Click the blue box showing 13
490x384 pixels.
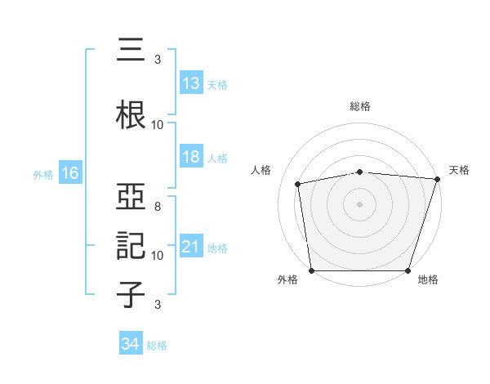190,83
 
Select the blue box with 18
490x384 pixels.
190,157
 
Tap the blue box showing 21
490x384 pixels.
190,247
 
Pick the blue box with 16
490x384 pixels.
69,173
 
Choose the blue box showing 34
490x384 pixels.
131,344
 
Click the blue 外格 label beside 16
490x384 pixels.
43,174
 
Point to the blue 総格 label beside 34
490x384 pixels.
157,345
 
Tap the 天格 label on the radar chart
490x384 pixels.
459,170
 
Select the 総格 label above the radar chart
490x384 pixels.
360,106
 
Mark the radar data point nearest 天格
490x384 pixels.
438,179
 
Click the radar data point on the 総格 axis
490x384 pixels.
360,172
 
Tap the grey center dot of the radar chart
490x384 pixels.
360,203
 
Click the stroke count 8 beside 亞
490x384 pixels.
157,206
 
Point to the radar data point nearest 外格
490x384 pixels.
311,270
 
